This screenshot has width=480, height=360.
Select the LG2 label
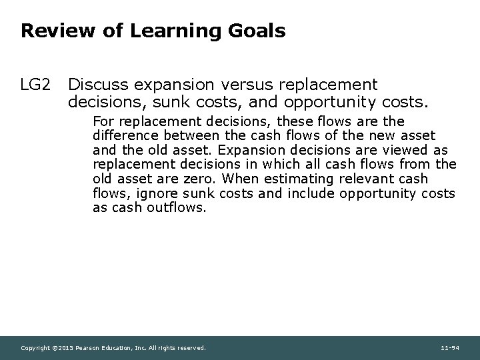36,85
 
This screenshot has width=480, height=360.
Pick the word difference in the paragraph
125,137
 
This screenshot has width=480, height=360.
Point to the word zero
199,179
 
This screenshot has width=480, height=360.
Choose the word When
243,179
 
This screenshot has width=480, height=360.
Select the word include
312,193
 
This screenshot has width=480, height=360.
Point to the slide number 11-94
450,348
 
